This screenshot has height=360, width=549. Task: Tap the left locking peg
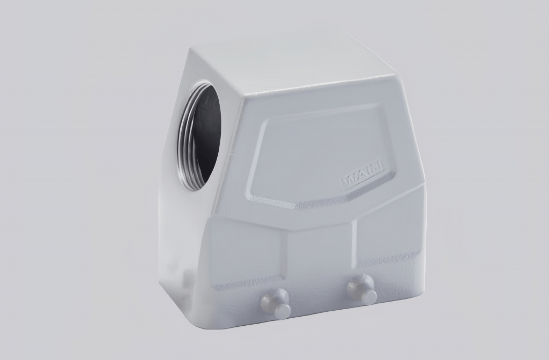coord(276,304)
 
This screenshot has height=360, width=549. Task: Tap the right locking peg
coord(362,289)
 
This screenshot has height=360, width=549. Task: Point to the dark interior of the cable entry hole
coord(207,134)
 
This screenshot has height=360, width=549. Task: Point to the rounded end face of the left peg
coord(282,311)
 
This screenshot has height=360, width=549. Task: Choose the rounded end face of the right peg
coord(369,296)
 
